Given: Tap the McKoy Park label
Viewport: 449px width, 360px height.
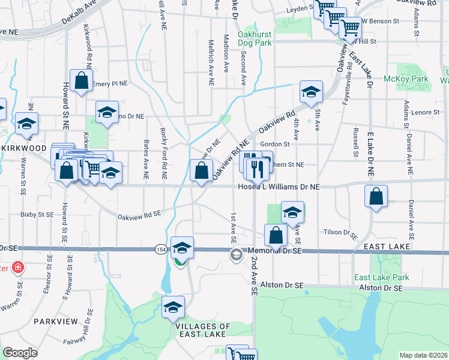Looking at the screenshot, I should [x=414, y=79].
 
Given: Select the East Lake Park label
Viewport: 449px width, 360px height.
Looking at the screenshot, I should [x=381, y=277].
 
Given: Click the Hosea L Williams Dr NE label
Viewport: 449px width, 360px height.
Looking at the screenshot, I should [x=276, y=187].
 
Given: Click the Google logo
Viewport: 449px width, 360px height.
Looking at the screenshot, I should [x=20, y=353].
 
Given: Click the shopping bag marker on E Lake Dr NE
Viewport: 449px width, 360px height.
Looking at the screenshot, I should [x=376, y=196].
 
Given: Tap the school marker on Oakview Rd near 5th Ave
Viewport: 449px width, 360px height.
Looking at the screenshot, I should [x=311, y=92].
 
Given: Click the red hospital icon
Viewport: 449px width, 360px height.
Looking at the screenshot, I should [x=17, y=267].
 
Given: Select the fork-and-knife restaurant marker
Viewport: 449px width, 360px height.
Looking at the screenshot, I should [x=257, y=169].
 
